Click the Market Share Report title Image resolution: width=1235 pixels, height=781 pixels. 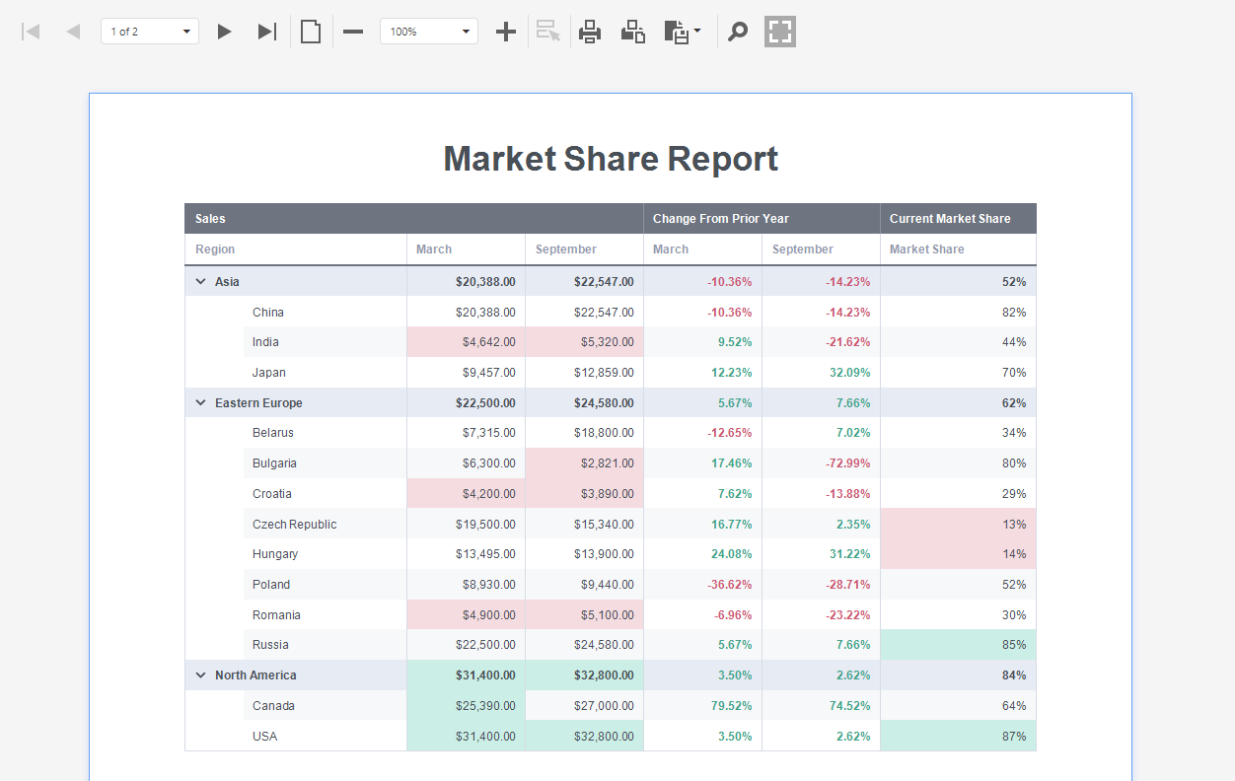611,159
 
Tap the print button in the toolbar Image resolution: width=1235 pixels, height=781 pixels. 590,32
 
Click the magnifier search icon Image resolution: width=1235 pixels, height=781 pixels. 737,32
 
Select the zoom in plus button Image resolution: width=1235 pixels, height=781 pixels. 506,32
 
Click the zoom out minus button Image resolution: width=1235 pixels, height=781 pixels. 353,32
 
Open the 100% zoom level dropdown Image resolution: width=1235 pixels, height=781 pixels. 429,32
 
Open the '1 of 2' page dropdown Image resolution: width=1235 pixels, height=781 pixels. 150,32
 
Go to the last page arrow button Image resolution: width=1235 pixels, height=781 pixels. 266,32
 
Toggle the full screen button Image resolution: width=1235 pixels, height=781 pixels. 780,32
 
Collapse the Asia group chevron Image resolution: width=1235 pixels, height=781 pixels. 201,282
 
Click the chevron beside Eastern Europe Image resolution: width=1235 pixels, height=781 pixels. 201,403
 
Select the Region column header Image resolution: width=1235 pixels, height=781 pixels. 215,249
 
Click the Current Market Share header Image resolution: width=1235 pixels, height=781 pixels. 950,219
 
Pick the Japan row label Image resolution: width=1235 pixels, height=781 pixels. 268,373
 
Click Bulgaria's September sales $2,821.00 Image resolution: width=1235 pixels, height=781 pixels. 604,463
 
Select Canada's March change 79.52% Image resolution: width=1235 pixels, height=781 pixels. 731,706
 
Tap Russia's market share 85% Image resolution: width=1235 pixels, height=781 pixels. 1014,645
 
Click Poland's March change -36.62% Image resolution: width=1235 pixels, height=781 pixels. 729,585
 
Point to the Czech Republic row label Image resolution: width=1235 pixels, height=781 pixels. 294,525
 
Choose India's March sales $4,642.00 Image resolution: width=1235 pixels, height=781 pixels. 488,342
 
